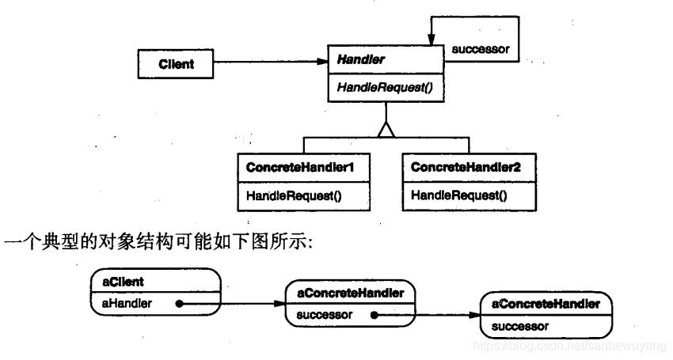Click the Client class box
176,64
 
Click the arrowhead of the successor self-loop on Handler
431,42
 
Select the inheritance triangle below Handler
386,130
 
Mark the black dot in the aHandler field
180,302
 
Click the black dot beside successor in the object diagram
373,314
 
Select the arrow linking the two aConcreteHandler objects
428,315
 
